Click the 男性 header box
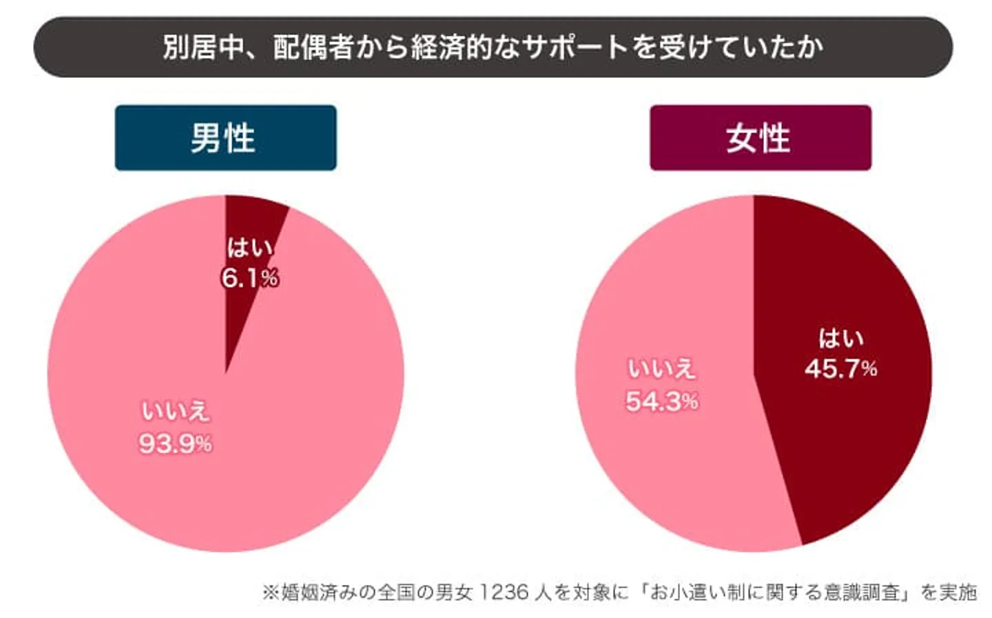coord(225,138)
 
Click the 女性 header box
coord(760,138)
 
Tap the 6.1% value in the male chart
coord(249,278)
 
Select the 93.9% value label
coord(175,443)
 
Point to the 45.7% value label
coord(840,369)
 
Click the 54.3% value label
coord(661,401)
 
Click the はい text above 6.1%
coord(249,247)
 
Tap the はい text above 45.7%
coord(840,338)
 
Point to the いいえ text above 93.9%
coord(175,411)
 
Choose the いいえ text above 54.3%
coord(661,369)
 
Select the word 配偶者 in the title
coord(313,47)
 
